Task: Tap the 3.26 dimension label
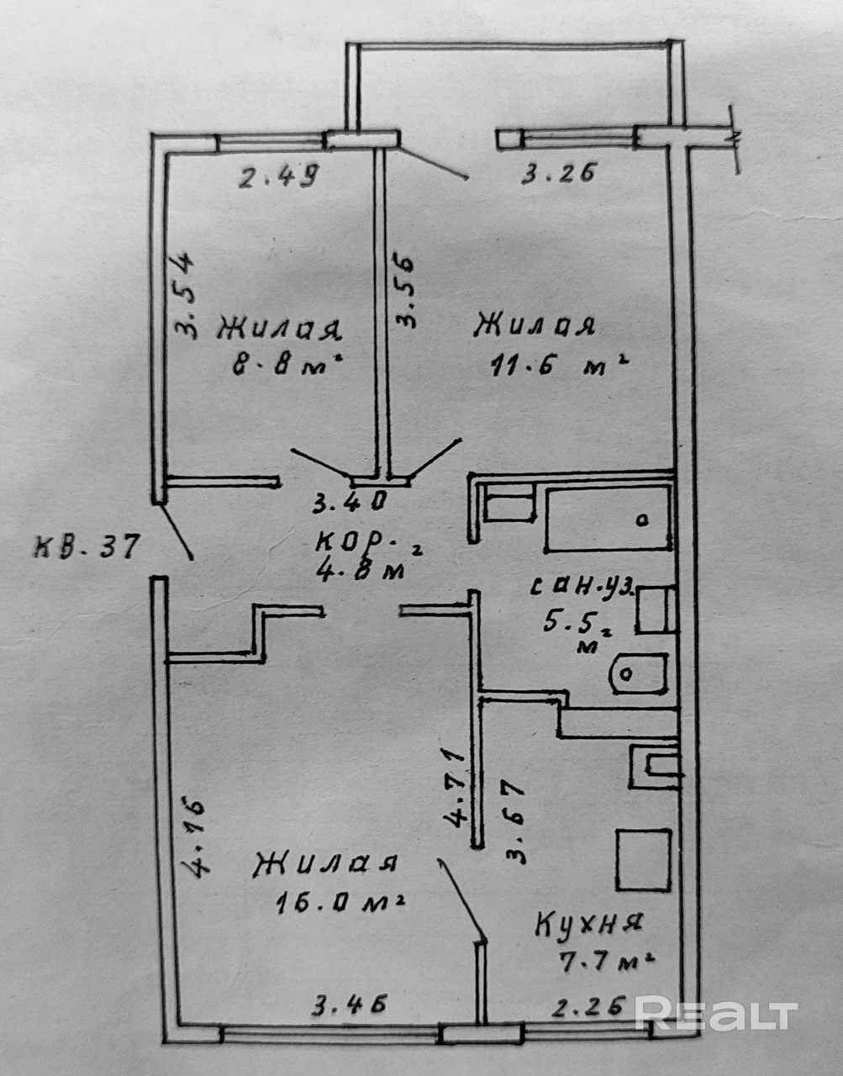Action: click(559, 174)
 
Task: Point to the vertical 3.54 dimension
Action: click(187, 296)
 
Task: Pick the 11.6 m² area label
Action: click(559, 365)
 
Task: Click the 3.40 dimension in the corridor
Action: click(349, 503)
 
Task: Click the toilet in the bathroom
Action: click(640, 672)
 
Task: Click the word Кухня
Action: click(589, 925)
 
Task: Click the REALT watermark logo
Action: click(715, 1015)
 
